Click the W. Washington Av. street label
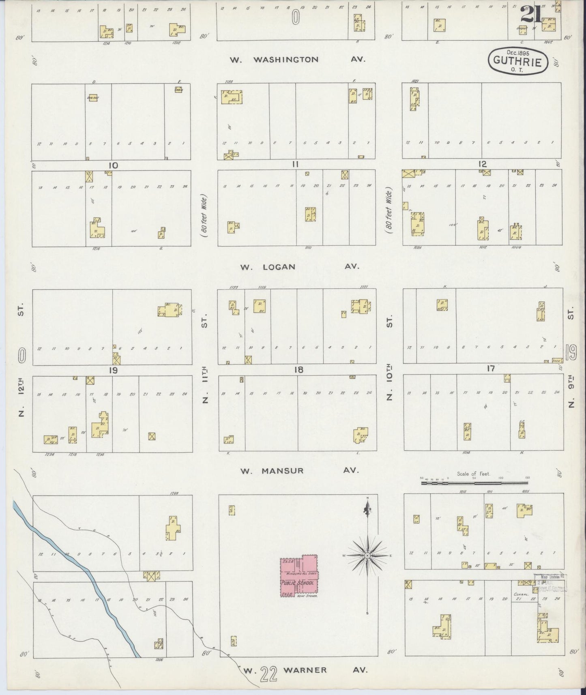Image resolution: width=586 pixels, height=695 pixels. [x=297, y=60]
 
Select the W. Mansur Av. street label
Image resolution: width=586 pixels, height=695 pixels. [x=299, y=471]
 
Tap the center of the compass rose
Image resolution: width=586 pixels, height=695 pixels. [x=367, y=555]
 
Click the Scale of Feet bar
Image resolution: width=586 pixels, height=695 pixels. [x=475, y=483]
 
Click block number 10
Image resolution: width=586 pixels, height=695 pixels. [x=113, y=165]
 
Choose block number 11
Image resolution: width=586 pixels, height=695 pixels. [x=296, y=164]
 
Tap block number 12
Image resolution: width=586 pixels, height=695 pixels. [x=482, y=164]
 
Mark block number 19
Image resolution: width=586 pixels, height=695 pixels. [x=113, y=370]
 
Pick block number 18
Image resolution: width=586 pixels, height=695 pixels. [x=299, y=370]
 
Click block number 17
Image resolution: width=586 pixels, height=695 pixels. [x=491, y=369]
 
